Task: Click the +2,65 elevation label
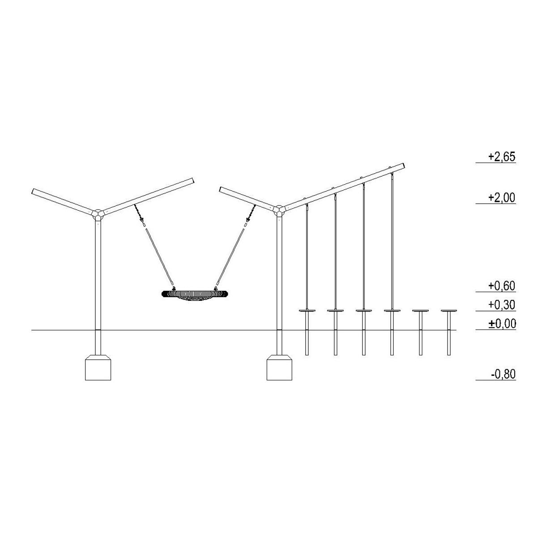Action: pos(502,157)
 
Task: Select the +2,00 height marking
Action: pos(502,198)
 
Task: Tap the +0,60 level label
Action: pos(502,286)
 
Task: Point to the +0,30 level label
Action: pos(502,305)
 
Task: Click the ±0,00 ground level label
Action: pos(502,324)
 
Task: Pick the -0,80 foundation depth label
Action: pos(503,374)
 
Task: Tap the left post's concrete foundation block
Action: pos(98,367)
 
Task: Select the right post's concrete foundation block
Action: pos(280,367)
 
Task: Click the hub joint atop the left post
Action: pos(98,214)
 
